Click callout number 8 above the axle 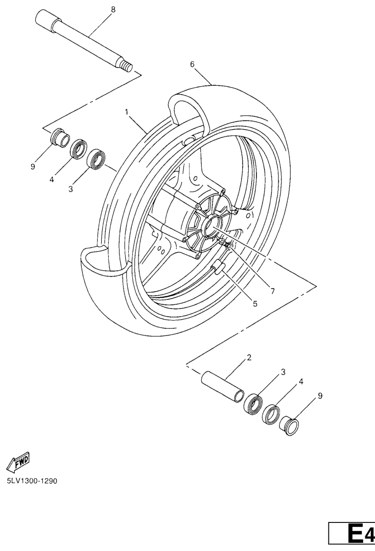[x=113, y=10]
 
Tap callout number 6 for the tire [x=202, y=64]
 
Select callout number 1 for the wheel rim [x=127, y=112]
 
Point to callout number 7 [x=272, y=291]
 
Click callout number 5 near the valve [x=255, y=304]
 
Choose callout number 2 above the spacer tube [x=249, y=358]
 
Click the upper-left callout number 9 [x=33, y=167]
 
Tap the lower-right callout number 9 [x=320, y=396]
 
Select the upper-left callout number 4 [x=52, y=180]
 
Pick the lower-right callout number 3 [x=283, y=372]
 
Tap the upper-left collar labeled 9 [x=60, y=137]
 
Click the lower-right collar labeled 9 [x=290, y=426]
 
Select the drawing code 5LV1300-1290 [x=32, y=481]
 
